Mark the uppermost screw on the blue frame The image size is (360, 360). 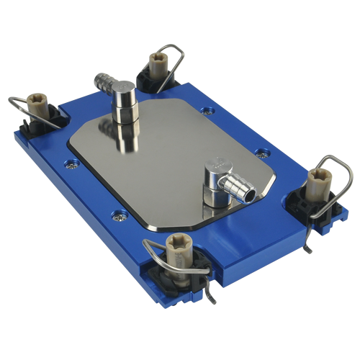pyautogui.click(x=208, y=111)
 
